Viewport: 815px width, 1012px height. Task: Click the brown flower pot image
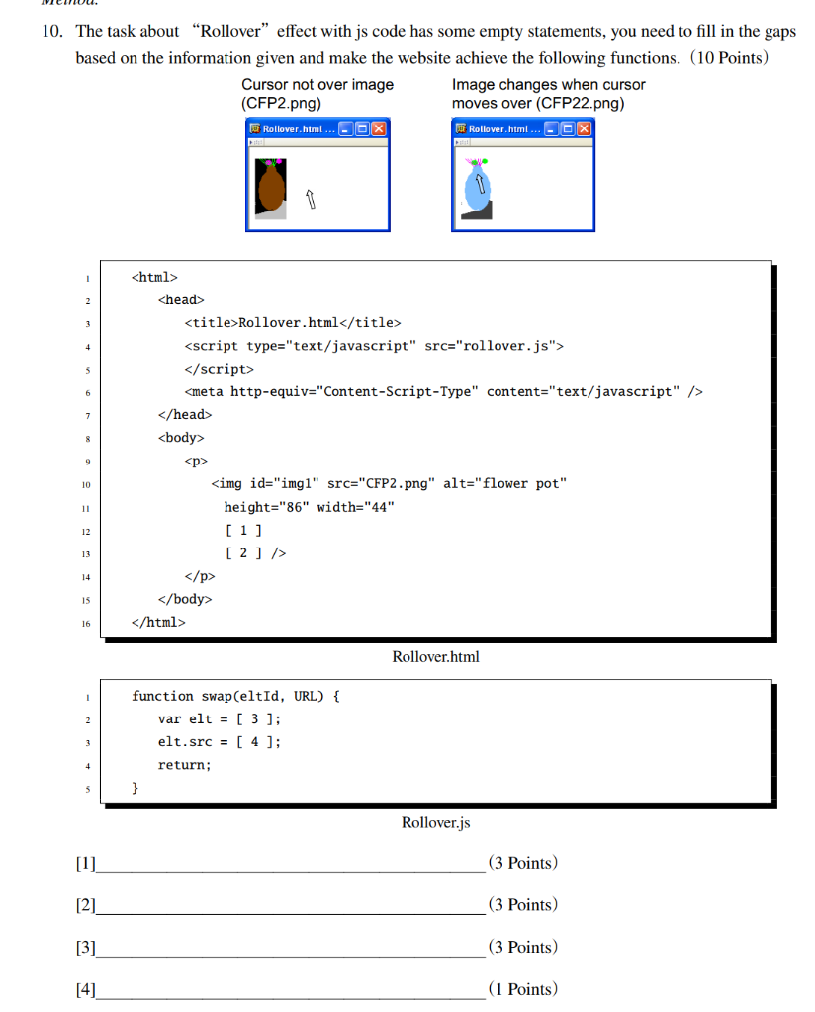(270, 187)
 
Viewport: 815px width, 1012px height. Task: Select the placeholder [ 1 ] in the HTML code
(243, 530)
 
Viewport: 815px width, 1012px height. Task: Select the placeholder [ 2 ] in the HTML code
(243, 552)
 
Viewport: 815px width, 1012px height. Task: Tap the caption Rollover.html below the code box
(435, 656)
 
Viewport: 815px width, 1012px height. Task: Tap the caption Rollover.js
(435, 822)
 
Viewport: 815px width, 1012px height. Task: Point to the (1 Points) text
(522, 989)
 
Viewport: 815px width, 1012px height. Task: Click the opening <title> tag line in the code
(293, 323)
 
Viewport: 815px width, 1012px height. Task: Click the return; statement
(185, 765)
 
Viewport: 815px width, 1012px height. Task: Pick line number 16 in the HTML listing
(86, 623)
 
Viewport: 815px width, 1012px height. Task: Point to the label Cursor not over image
(317, 85)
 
